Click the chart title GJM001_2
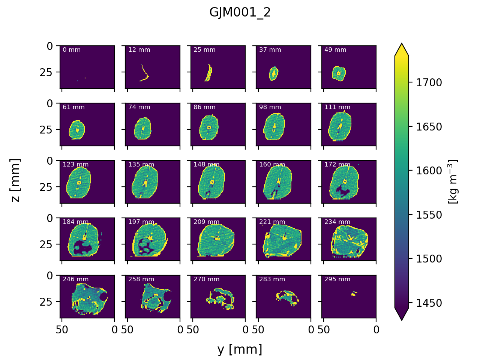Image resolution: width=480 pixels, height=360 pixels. click(240, 13)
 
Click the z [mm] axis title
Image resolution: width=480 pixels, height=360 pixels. click(15, 180)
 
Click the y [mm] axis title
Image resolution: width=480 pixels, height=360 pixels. click(240, 349)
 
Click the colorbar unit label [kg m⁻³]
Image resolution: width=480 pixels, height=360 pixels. click(453, 182)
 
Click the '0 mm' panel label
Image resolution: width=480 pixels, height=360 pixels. click(72, 50)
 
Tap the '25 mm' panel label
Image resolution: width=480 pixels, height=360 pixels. click(204, 50)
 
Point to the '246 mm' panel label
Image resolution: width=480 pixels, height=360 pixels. click(75, 279)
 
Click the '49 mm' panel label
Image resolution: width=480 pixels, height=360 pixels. click(335, 50)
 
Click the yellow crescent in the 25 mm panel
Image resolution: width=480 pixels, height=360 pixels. click(208, 73)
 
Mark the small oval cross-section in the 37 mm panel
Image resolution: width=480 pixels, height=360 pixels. click(274, 73)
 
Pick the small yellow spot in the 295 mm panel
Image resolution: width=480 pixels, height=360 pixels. click(353, 294)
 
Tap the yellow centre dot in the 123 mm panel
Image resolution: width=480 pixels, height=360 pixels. click(79, 183)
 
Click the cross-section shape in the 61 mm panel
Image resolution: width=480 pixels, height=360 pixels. click(77, 130)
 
